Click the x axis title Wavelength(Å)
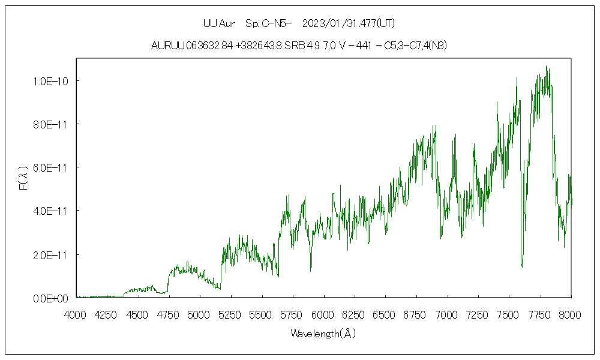(323, 334)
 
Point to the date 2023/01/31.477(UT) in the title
(349, 24)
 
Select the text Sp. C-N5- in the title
(268, 24)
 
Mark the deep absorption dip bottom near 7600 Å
(522, 266)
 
